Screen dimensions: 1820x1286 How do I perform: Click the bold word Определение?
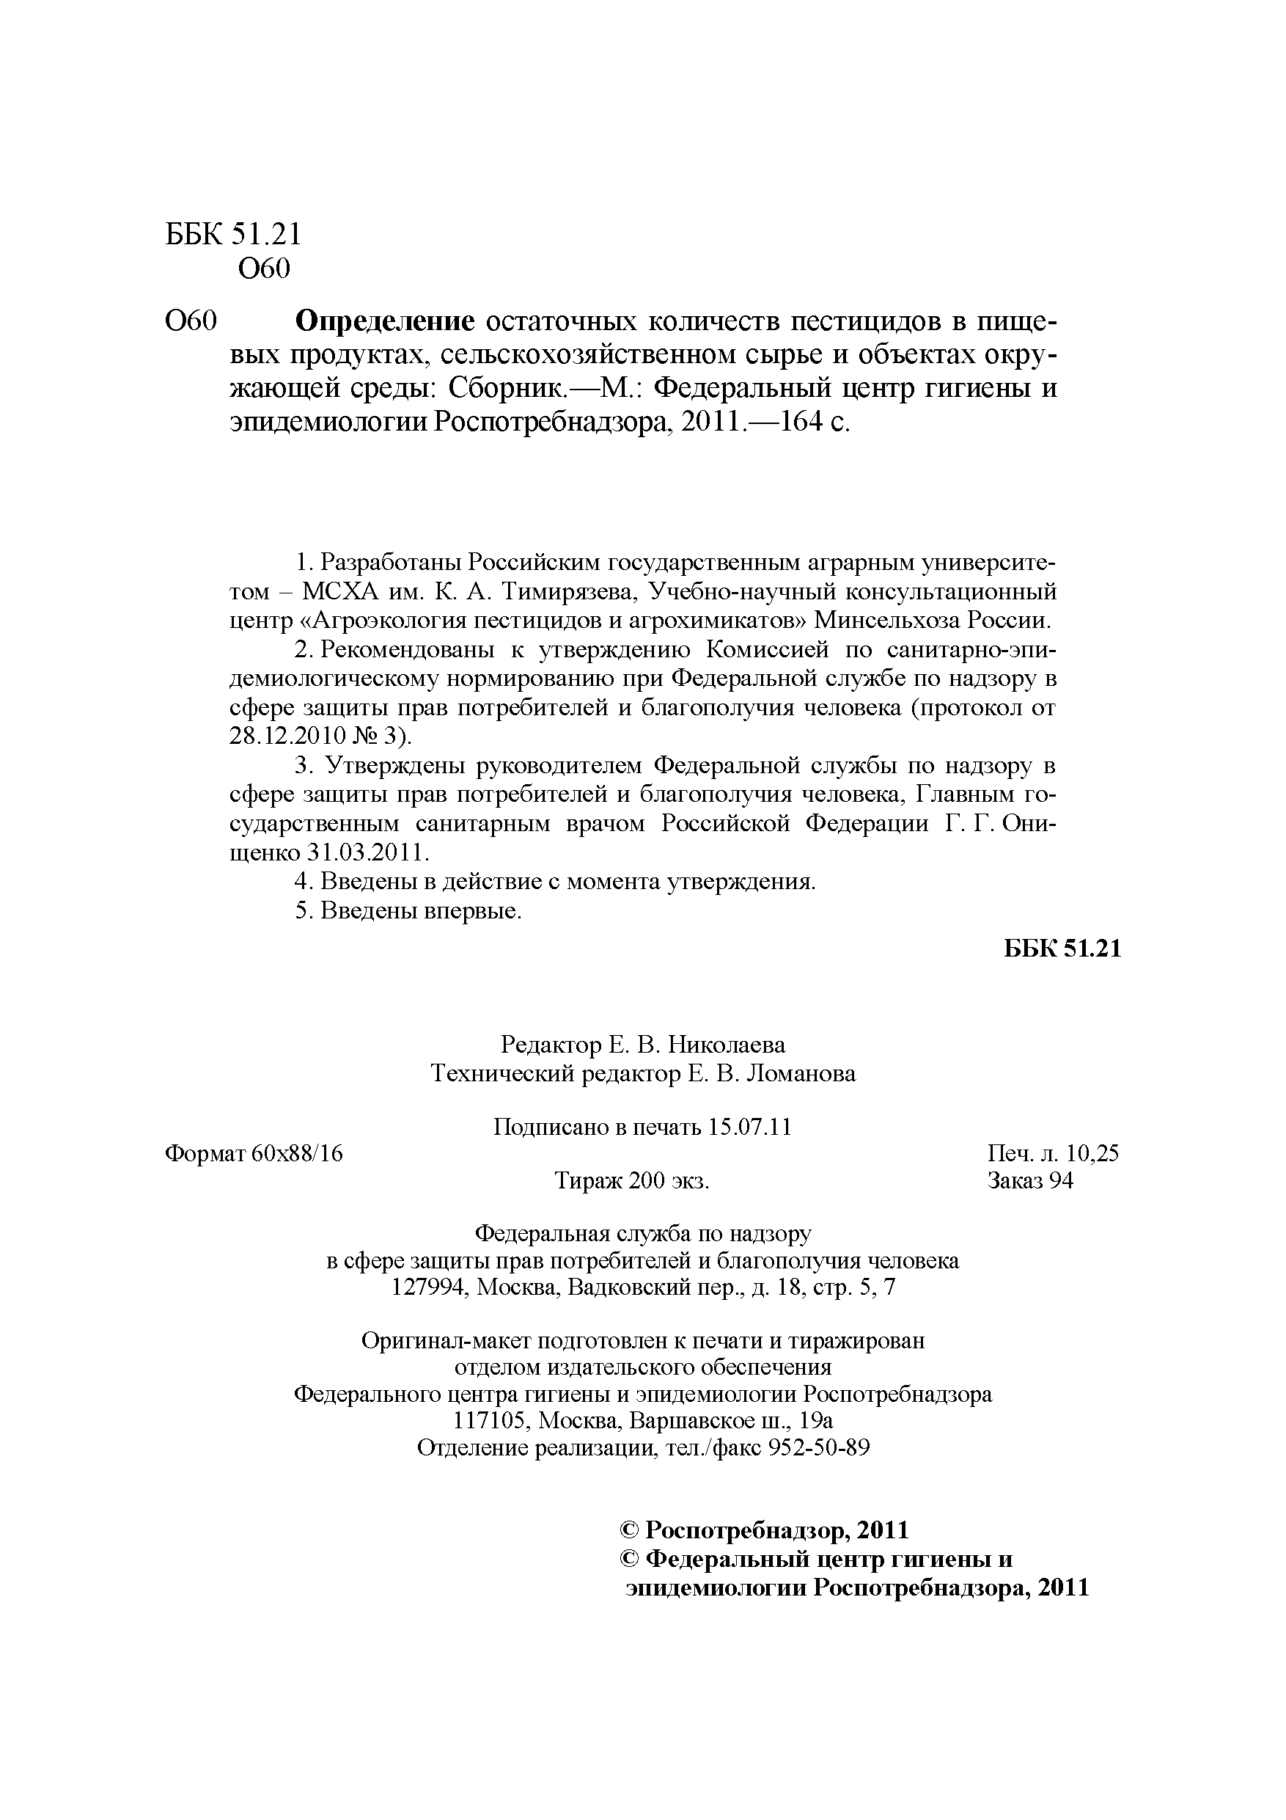384,322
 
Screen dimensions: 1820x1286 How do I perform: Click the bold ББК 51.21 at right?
1062,949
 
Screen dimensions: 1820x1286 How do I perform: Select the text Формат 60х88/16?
254,1153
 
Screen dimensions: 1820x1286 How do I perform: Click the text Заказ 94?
1030,1181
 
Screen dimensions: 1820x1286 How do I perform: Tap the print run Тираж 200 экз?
631,1181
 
